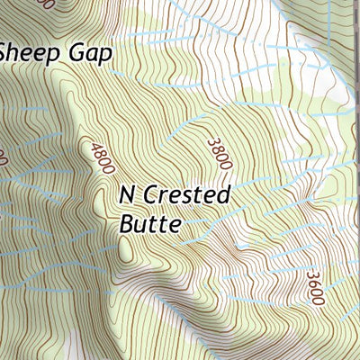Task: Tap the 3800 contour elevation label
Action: tap(220, 154)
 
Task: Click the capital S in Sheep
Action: tap(7, 52)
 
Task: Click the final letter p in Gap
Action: tap(107, 56)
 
